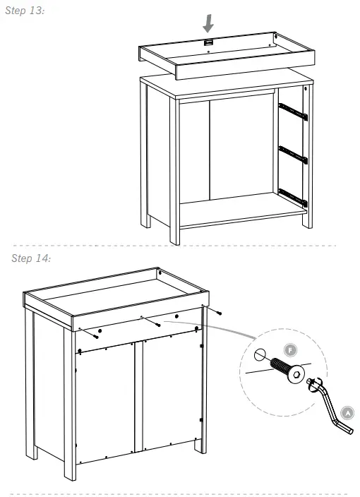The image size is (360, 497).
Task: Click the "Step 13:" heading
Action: coord(25,13)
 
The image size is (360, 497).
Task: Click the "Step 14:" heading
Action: coord(30,258)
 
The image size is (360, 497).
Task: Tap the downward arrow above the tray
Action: coord(208,24)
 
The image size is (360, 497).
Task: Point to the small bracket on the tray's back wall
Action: coord(208,44)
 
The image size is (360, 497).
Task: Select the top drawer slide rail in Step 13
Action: coord(293,110)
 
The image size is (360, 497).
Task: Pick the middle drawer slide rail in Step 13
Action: coord(293,155)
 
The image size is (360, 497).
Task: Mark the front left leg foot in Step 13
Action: coord(174,236)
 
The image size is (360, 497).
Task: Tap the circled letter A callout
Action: coord(347,412)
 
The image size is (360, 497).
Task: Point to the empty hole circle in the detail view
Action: coord(259,355)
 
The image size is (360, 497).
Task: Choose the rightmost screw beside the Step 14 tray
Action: coord(220,312)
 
